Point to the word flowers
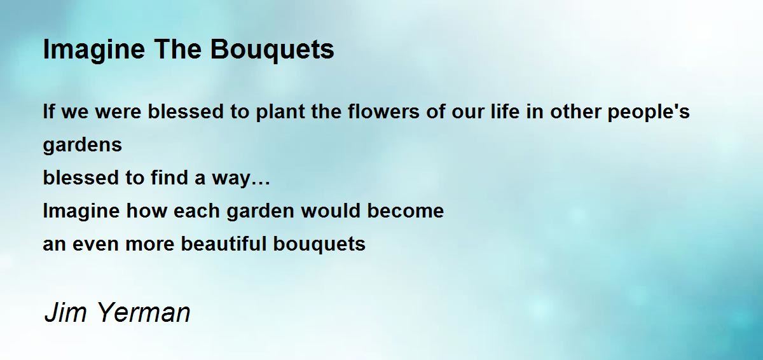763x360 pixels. tap(383, 111)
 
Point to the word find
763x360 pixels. tap(169, 177)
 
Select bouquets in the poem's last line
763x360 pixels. tap(319, 244)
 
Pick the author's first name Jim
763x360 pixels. tap(65, 312)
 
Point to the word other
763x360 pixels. tap(575, 111)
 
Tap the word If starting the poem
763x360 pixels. tap(49, 111)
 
